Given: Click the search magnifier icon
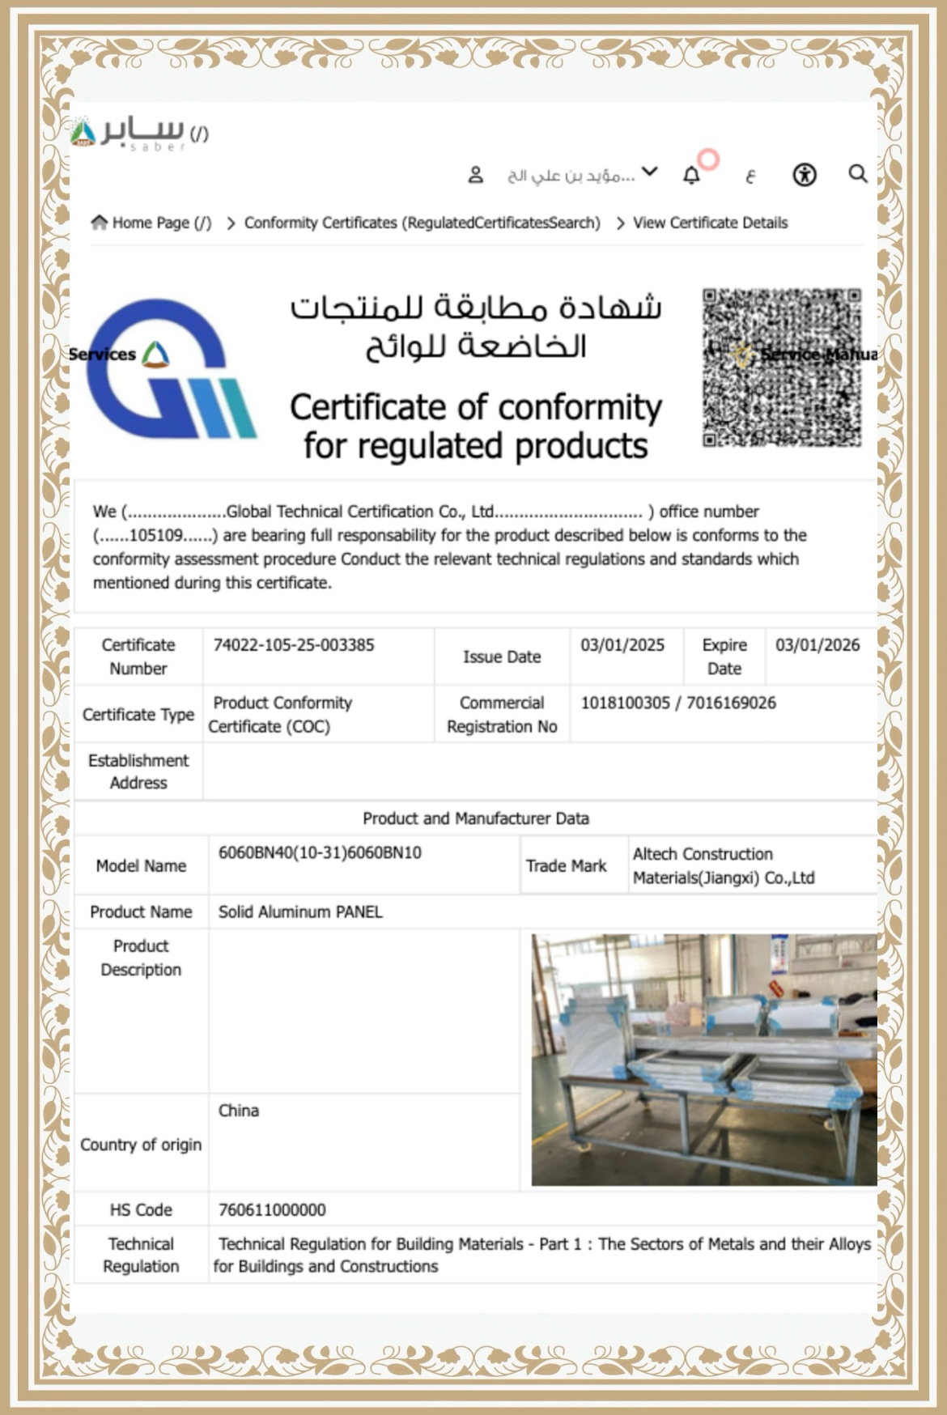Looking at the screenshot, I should [x=857, y=174].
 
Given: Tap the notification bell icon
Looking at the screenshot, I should [x=691, y=175].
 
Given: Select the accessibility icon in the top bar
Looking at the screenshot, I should [x=804, y=175].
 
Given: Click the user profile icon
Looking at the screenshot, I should [x=476, y=175].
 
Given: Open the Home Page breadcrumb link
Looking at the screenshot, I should [x=152, y=223].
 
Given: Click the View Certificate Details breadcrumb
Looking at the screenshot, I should [x=710, y=223].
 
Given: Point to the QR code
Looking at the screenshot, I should [x=782, y=367].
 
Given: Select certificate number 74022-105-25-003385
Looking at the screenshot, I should [x=294, y=645].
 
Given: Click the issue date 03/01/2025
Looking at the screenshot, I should [x=622, y=645].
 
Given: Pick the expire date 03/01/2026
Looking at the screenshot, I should [x=817, y=645].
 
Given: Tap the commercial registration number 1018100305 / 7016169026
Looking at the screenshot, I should [x=678, y=703].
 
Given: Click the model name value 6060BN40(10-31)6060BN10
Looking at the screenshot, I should [x=320, y=852].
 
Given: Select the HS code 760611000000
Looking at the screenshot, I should [x=272, y=1209].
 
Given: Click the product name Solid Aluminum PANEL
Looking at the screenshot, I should [x=300, y=911].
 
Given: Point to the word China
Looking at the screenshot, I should [x=239, y=1111].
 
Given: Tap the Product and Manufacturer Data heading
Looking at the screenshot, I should [x=476, y=818].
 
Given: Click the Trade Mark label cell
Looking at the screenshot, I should [x=566, y=865].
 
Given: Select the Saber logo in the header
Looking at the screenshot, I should [x=130, y=133].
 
